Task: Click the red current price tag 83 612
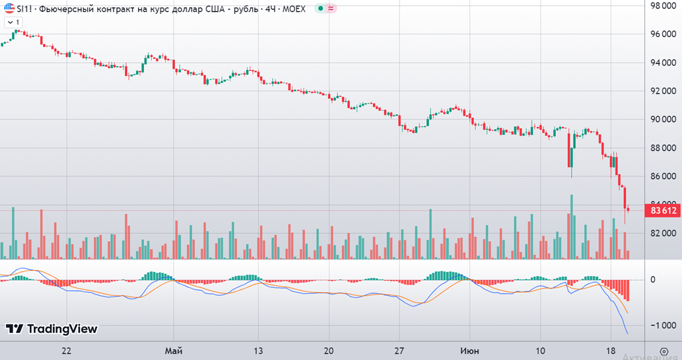664,211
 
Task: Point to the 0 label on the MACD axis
653,279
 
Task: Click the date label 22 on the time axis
66,349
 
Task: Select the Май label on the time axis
174,349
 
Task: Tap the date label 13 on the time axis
259,349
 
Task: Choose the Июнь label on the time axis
469,349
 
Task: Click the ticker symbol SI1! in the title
25,9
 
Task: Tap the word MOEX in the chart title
294,9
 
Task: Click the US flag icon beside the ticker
8,9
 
